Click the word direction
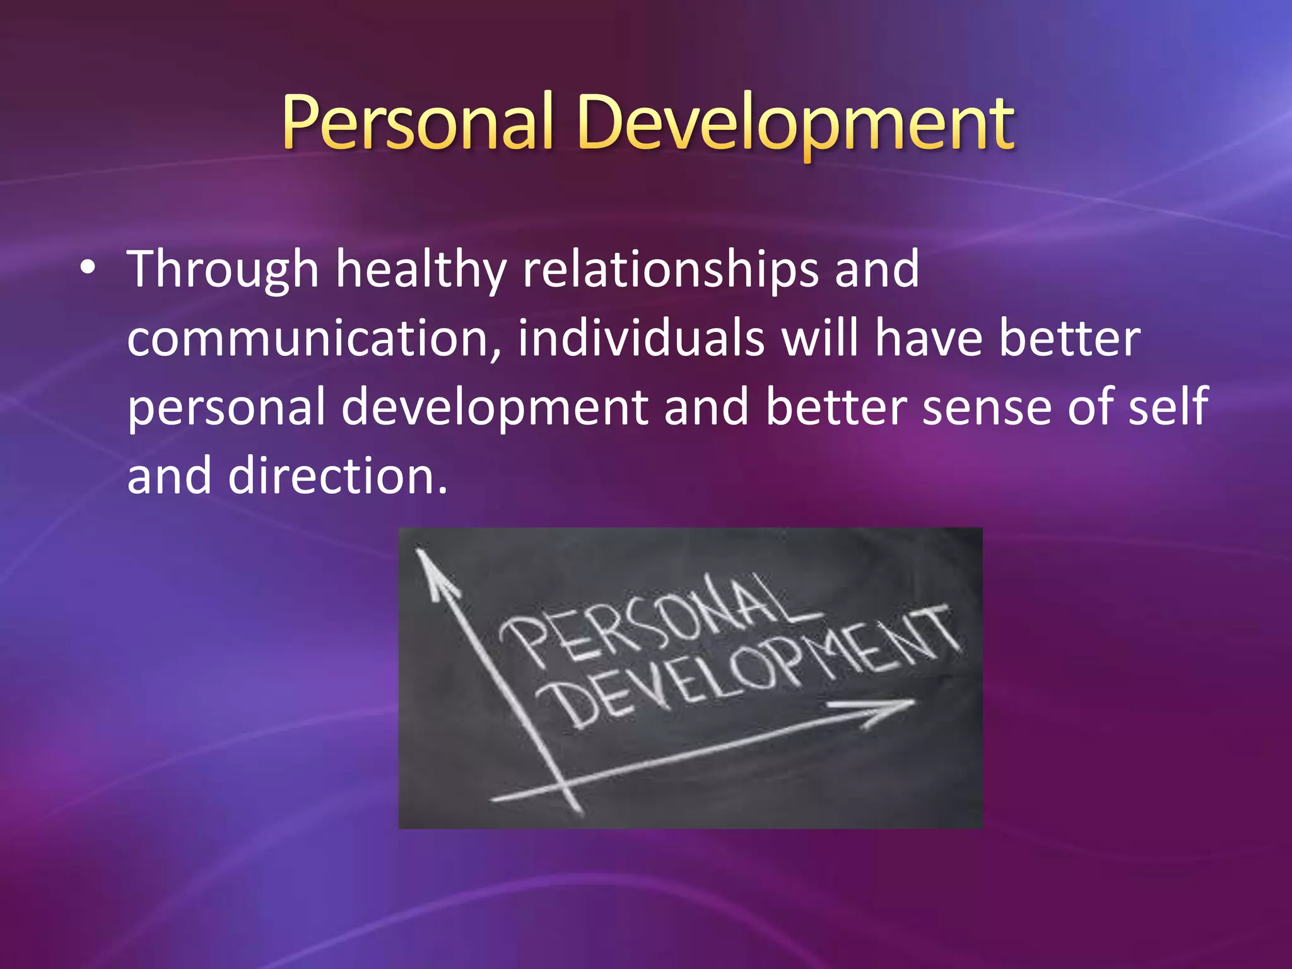[x=337, y=477]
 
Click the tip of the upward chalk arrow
[x=418, y=551]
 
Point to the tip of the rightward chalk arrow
[x=913, y=700]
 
